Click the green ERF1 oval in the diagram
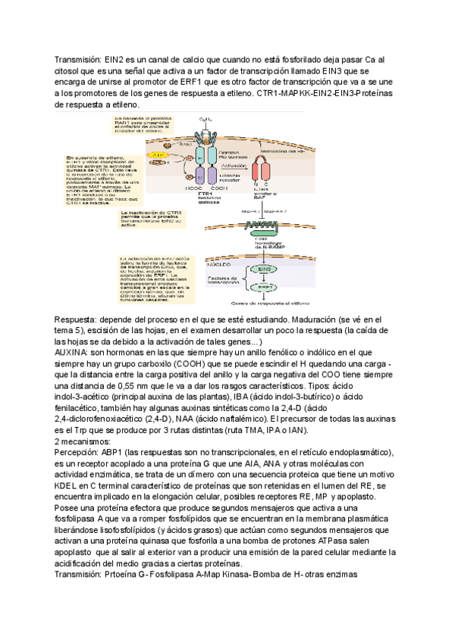pos(265,288)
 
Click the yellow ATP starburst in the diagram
pos(158,155)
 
